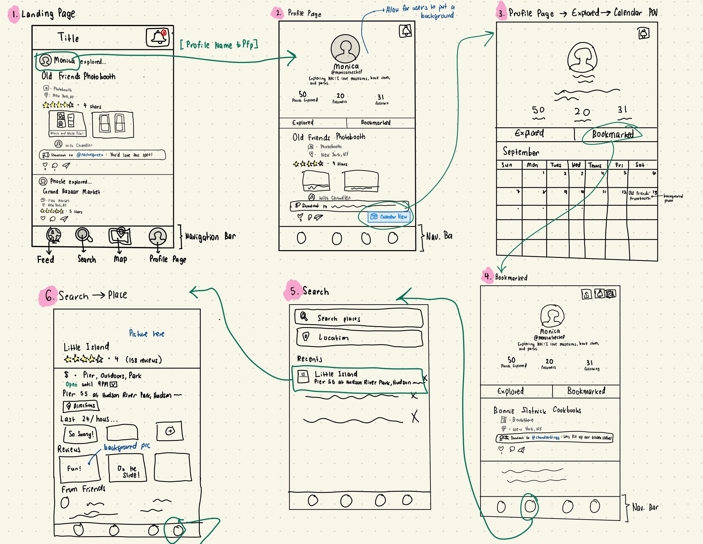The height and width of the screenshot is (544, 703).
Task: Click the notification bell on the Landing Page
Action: tap(158, 38)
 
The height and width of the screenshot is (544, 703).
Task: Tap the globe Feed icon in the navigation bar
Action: tap(54, 235)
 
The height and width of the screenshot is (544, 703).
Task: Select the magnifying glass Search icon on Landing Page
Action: tap(84, 235)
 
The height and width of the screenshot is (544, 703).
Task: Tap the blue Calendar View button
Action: tap(389, 217)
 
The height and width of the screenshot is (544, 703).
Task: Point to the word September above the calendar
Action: tap(521, 152)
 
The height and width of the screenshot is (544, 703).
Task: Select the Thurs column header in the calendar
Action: tap(595, 165)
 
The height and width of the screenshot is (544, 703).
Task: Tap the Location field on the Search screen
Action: tap(359, 338)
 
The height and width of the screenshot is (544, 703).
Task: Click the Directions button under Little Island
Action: tap(81, 406)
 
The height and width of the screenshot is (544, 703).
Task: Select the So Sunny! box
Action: tap(81, 434)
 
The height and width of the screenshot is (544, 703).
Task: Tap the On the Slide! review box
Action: tap(128, 468)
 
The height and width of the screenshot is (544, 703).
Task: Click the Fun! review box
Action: tap(80, 468)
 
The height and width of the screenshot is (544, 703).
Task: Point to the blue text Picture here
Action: tap(147, 334)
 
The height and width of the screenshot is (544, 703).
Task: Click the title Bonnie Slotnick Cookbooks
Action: tap(537, 410)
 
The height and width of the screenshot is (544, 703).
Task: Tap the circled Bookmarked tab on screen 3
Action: tap(612, 134)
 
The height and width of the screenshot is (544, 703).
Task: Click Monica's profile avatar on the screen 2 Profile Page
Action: tap(345, 49)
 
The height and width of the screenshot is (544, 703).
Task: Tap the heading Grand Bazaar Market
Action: tap(71, 192)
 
